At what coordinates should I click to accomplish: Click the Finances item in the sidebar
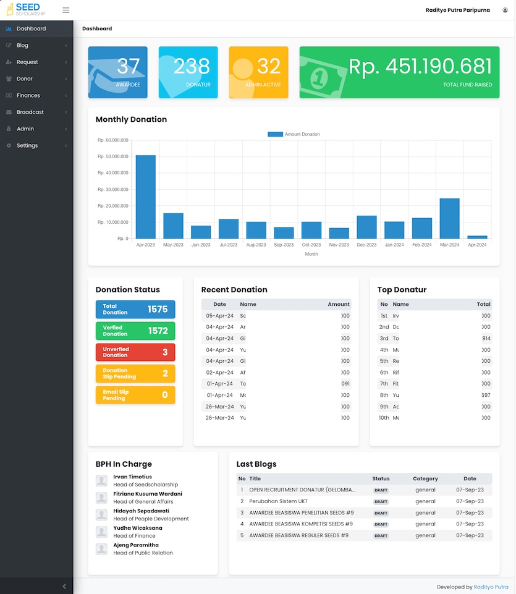coord(28,96)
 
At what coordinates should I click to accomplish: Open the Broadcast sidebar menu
coord(30,112)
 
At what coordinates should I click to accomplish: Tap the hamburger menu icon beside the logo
coord(66,10)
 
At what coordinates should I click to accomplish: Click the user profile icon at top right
coord(505,10)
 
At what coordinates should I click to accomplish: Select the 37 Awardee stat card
coord(117,72)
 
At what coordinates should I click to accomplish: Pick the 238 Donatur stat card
coord(188,72)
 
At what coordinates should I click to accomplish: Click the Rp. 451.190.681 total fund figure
coord(420,67)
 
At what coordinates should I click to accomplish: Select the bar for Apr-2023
coord(146,197)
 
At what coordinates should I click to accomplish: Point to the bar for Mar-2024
coord(449,218)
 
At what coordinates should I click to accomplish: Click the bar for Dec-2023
coord(366,227)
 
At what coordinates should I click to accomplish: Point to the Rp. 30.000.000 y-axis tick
coord(113,190)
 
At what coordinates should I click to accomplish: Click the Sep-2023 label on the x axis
coord(284,245)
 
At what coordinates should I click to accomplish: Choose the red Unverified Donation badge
coord(135,352)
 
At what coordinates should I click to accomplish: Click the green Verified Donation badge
coord(135,331)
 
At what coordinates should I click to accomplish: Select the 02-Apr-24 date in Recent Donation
coord(220,373)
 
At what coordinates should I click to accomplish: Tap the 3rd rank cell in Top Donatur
coord(384,338)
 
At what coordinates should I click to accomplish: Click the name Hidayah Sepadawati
coord(142,511)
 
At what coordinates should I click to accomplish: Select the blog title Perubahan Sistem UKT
coord(278,501)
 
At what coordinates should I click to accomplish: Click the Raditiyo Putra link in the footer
coord(491,587)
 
